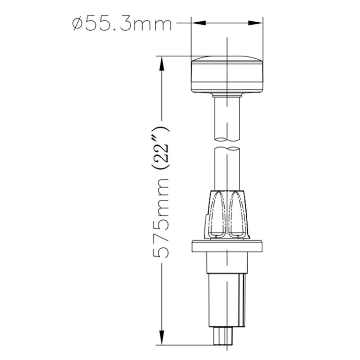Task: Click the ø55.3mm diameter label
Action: (x=122, y=24)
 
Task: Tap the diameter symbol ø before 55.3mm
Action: (x=78, y=24)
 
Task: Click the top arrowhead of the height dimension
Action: (x=162, y=63)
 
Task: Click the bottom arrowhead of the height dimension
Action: (x=162, y=338)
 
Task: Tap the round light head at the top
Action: (x=227, y=75)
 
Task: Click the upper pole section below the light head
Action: (x=227, y=119)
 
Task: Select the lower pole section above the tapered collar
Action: (x=227, y=169)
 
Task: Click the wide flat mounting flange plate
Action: (x=227, y=247)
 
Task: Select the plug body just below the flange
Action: (x=227, y=263)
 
